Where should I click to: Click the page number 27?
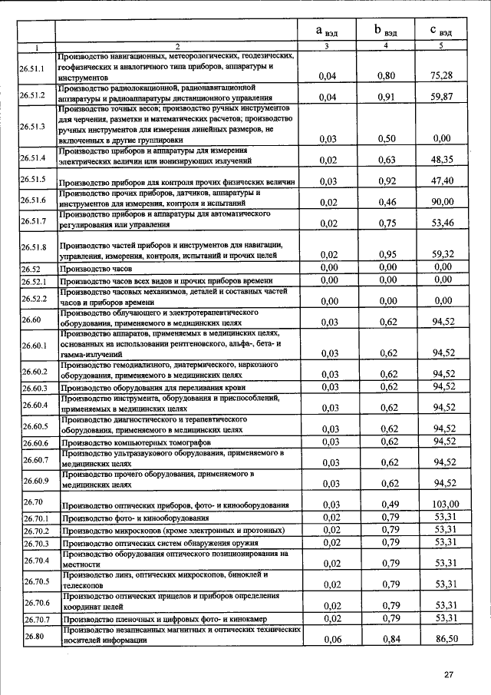pyautogui.click(x=450, y=675)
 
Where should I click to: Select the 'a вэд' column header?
pyautogui.click(x=329, y=31)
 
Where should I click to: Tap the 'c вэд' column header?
pyautogui.click(x=440, y=31)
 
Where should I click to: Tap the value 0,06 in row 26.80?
pyautogui.click(x=330, y=639)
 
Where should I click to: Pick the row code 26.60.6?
pyautogui.click(x=35, y=442)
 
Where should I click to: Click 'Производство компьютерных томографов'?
pyautogui.click(x=135, y=443)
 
